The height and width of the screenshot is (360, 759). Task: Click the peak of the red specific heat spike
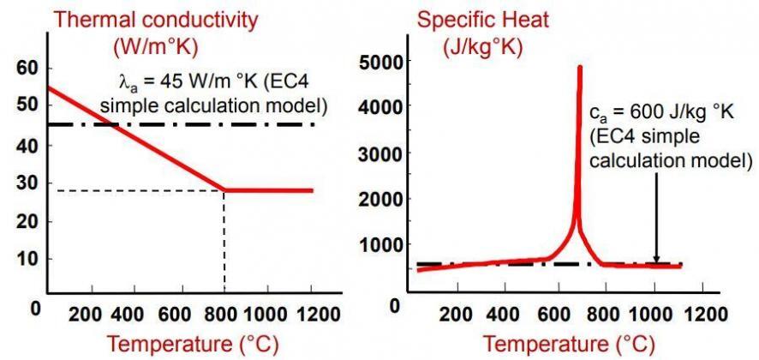tap(580, 67)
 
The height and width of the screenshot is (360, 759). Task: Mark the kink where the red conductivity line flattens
tap(224, 190)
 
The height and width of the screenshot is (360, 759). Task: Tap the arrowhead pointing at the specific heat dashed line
tap(656, 259)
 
